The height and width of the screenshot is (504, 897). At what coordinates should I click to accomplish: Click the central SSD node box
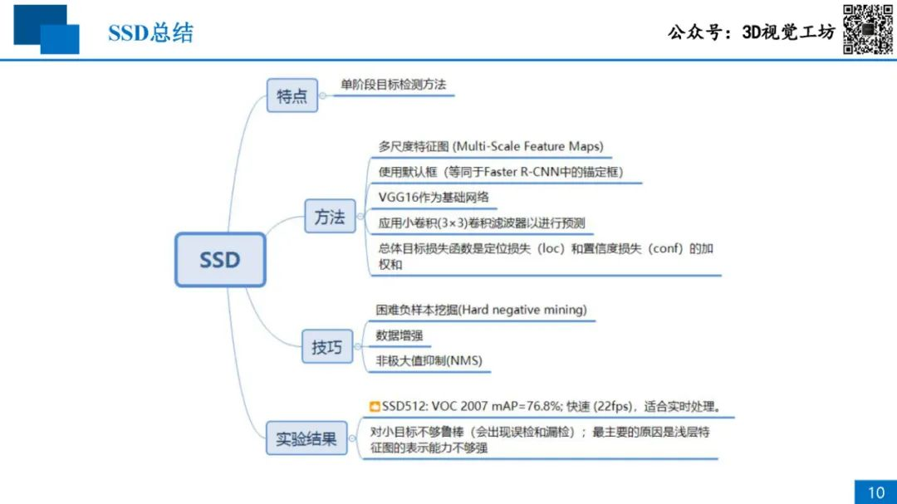tap(220, 259)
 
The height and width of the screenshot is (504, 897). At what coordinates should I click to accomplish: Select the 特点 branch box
tap(292, 95)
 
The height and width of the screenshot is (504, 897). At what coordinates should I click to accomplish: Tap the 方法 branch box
tap(330, 216)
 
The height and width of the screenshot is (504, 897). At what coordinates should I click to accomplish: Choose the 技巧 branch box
tap(327, 346)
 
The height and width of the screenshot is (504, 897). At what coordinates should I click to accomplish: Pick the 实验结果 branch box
tap(306, 438)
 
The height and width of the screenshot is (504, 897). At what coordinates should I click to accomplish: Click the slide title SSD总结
tap(151, 32)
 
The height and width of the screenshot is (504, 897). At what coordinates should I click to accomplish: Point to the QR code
tap(867, 29)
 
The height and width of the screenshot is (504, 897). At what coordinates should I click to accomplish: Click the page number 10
tap(876, 492)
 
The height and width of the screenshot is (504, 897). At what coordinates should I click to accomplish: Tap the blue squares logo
tap(47, 29)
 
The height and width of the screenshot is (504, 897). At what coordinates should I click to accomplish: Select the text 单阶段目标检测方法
tap(393, 85)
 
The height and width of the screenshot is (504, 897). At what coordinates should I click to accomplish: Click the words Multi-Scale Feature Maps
tap(527, 146)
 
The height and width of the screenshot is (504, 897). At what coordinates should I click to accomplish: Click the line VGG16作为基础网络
tap(434, 198)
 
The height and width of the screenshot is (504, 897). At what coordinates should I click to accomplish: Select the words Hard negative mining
tap(522, 310)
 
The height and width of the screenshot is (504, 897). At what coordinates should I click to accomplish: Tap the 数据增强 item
tap(399, 335)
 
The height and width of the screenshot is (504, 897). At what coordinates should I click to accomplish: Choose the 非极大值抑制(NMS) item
tap(429, 360)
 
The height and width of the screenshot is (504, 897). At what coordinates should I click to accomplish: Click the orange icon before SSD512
tap(375, 406)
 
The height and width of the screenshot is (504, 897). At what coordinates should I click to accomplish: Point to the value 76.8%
tap(543, 406)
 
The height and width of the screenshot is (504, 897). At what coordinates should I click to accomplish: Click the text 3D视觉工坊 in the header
tap(788, 32)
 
